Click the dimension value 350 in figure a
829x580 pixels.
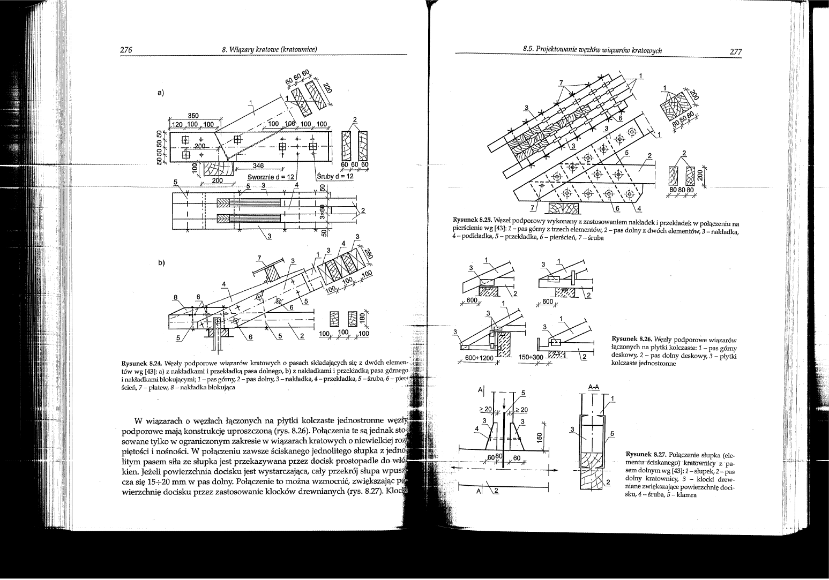(193, 115)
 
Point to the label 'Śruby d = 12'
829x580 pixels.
(336, 176)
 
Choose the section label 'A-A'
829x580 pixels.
(594, 386)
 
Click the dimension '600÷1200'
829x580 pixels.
(479, 358)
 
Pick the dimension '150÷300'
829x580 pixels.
(531, 358)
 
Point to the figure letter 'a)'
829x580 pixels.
(161, 93)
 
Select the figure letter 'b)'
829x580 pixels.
(161, 263)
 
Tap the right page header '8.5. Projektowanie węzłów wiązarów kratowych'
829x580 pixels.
(592, 50)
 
